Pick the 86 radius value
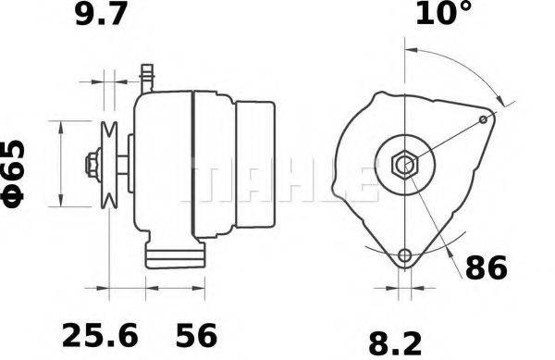point(486,268)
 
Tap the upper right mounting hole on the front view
point(487,119)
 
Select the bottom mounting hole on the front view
point(404,256)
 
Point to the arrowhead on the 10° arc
point(503,103)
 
